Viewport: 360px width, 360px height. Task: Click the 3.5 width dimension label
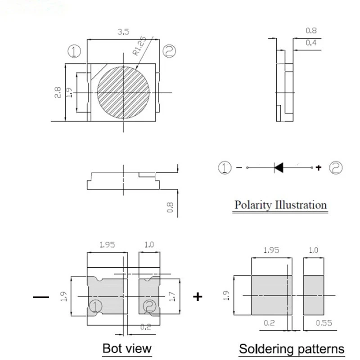click(x=123, y=31)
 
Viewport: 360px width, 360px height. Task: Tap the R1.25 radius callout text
click(x=139, y=46)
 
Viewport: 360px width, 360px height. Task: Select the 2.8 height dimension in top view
click(x=58, y=92)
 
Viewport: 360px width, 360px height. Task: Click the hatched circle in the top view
click(x=123, y=93)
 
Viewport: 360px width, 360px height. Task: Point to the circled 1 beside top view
click(x=74, y=51)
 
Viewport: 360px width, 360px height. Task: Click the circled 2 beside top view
click(x=169, y=51)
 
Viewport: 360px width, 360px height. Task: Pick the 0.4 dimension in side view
click(x=311, y=42)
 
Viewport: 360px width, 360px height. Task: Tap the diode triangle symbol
click(x=279, y=167)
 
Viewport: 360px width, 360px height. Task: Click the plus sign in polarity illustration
click(x=319, y=168)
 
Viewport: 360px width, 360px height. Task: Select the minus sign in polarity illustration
click(x=239, y=168)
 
